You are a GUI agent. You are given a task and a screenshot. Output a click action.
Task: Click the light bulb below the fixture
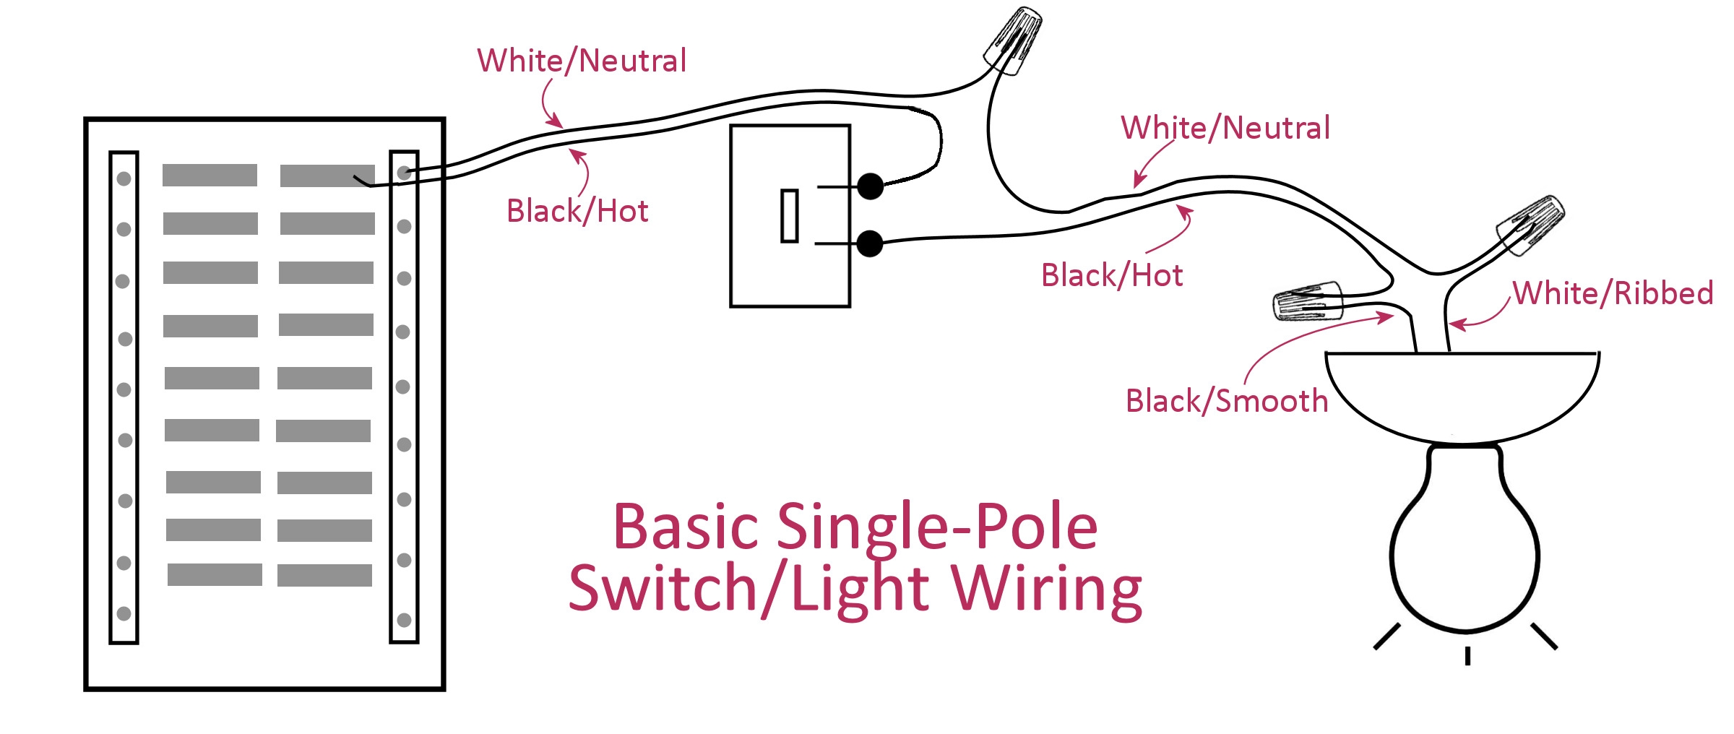[x=1465, y=549]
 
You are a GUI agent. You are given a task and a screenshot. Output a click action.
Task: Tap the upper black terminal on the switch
[x=871, y=186]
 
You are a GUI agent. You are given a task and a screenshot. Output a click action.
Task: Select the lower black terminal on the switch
[x=870, y=243]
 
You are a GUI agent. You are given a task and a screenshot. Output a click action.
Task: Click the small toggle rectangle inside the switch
[x=790, y=215]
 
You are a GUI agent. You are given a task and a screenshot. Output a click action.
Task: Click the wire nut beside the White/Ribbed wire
[x=1530, y=225]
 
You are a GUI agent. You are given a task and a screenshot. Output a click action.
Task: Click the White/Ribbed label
[x=1613, y=293]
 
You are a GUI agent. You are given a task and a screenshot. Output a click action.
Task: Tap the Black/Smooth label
[x=1227, y=401]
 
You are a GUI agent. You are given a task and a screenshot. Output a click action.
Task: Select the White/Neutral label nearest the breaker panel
[x=582, y=61]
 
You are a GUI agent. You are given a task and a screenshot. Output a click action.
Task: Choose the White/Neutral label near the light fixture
[x=1225, y=128]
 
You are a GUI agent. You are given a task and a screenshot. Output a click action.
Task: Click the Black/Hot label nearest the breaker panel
[x=577, y=211]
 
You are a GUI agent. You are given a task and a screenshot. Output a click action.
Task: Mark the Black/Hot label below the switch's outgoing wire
[x=1112, y=275]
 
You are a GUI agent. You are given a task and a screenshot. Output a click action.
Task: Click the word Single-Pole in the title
[x=937, y=527]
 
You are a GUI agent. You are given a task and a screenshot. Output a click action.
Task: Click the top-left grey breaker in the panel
[x=210, y=175]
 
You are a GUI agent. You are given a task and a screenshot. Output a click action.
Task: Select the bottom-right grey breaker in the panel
[x=324, y=575]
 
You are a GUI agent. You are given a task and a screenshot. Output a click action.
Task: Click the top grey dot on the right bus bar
[x=405, y=173]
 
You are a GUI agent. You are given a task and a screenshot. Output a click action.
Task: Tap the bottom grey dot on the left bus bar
[x=124, y=613]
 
